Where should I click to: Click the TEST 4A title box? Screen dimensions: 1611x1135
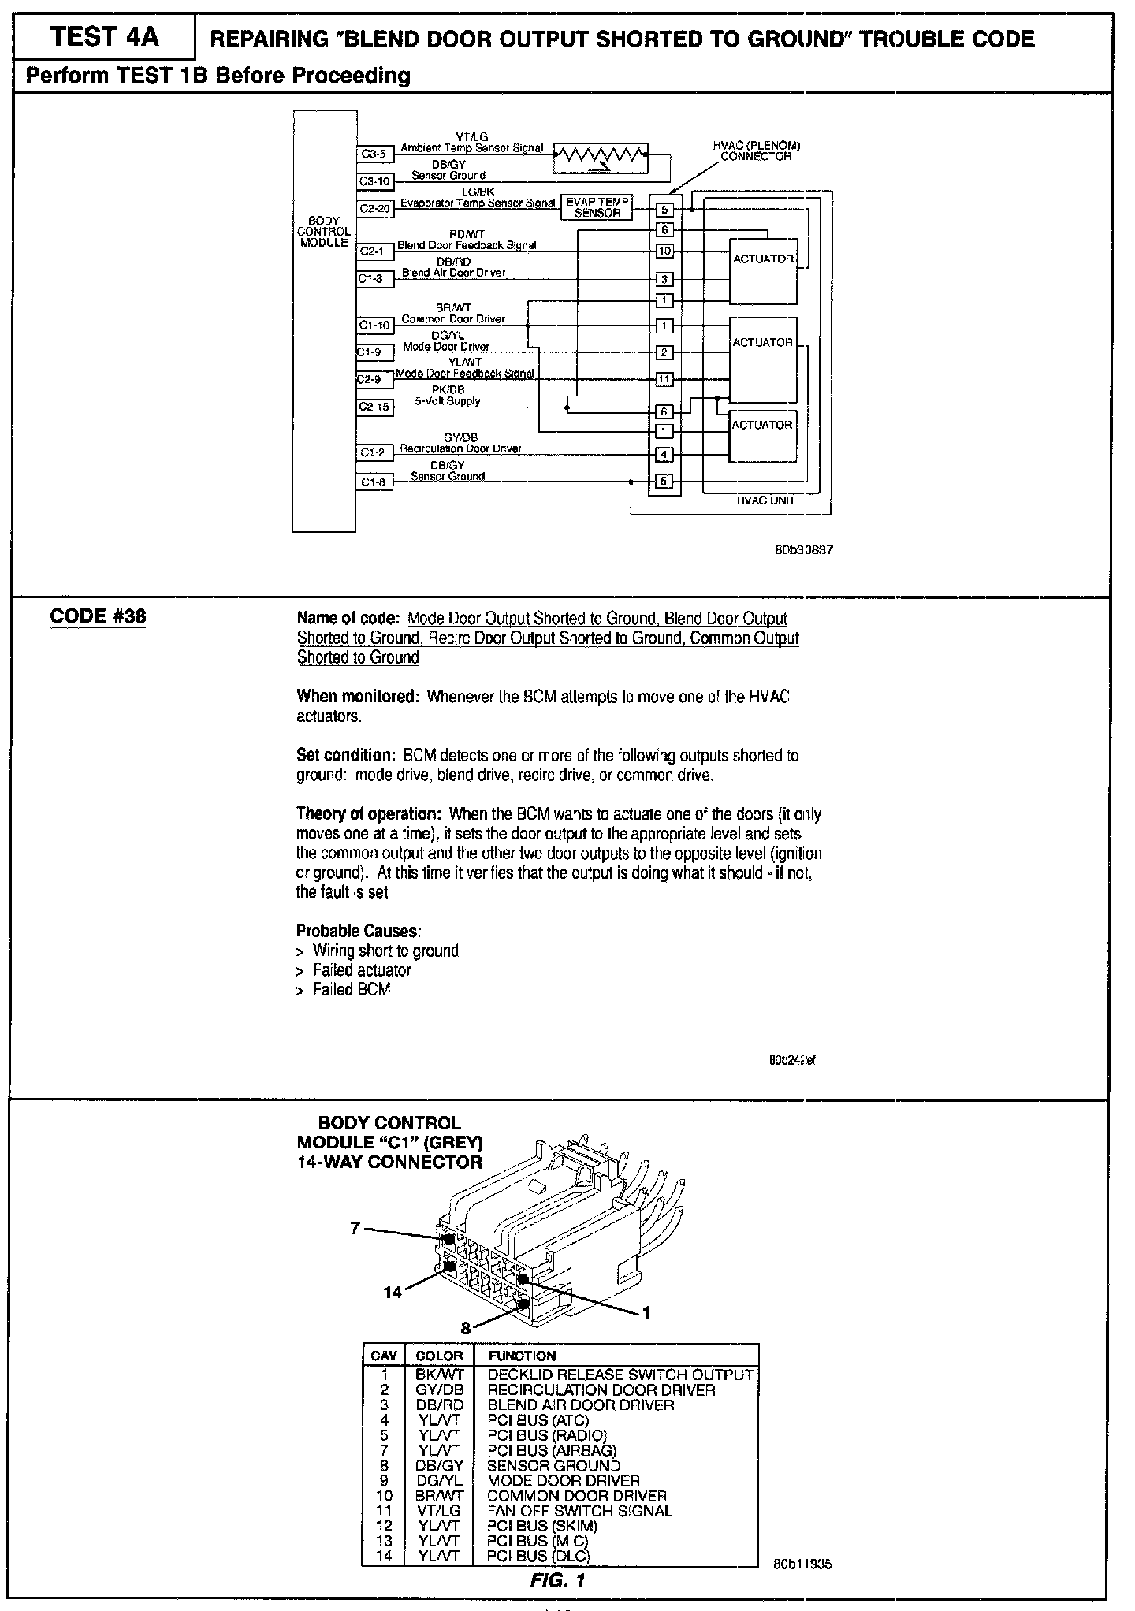103,37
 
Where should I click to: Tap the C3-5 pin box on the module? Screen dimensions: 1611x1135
374,154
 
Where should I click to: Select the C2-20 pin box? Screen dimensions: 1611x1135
375,209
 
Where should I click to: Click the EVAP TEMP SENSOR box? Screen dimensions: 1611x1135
597,207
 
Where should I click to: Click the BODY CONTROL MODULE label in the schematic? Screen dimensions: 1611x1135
324,232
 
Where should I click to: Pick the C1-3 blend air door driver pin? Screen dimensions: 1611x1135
374,278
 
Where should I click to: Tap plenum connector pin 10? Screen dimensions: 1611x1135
664,251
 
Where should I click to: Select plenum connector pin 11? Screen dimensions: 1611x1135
664,379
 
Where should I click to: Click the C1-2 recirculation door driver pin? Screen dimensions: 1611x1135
374,452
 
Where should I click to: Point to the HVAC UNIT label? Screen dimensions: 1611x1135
766,500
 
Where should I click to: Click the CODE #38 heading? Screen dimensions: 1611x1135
98,616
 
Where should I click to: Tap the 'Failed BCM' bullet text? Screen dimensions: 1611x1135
351,990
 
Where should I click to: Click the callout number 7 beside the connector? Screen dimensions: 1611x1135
355,1228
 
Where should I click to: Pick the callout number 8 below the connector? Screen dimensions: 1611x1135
465,1328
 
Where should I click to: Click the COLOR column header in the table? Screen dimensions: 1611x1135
439,1356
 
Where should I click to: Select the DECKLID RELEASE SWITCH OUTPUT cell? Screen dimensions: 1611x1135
620,1375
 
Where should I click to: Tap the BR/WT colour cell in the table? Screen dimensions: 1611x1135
439,1495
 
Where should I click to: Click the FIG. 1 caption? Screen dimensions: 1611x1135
558,1578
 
